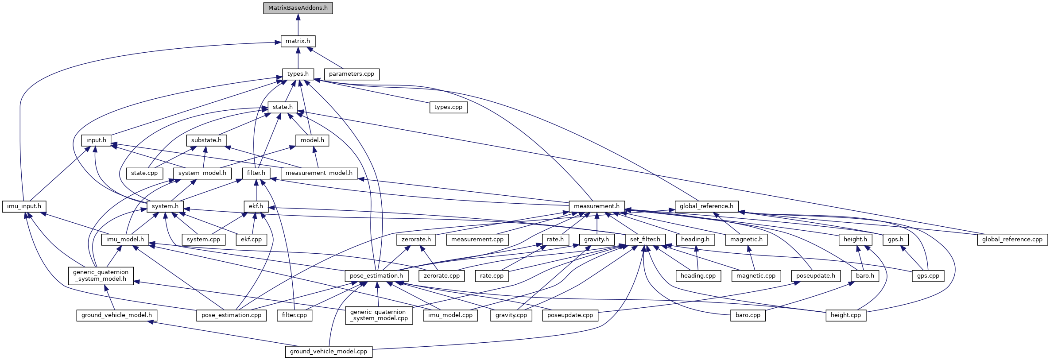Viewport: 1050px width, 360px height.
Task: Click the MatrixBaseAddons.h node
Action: point(298,8)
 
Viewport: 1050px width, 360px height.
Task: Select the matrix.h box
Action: point(298,41)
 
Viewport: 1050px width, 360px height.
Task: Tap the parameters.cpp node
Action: point(352,74)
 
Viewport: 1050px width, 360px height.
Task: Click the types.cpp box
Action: point(448,107)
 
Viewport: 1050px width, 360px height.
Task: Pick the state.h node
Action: point(283,107)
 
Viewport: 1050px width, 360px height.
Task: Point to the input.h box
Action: point(96,140)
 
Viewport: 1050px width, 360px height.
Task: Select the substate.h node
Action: point(206,140)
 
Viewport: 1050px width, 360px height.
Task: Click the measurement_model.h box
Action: point(319,173)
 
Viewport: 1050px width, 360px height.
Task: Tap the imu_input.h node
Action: point(24,206)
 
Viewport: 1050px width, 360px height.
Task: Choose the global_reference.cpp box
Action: point(1012,240)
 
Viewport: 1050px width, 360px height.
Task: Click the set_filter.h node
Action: point(645,240)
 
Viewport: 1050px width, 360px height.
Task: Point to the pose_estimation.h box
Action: point(376,276)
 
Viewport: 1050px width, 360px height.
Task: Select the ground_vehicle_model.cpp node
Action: point(329,352)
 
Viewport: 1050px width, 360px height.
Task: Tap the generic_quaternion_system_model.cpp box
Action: point(379,315)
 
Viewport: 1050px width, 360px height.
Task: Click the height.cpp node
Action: point(846,315)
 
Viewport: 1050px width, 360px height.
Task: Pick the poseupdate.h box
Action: point(816,276)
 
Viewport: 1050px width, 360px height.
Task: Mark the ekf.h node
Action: point(256,206)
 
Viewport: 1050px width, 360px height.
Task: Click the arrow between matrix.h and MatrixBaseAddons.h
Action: point(298,25)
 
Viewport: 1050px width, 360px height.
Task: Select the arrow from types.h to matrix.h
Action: point(298,58)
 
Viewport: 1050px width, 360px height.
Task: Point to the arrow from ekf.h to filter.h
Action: point(256,190)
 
